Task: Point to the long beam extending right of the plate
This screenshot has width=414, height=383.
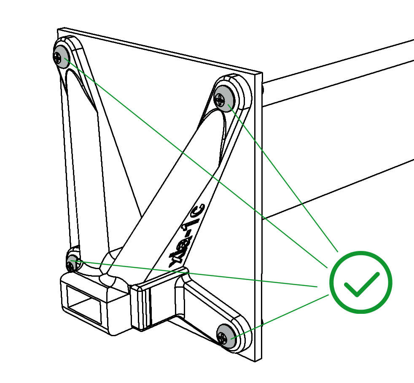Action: (x=337, y=127)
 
